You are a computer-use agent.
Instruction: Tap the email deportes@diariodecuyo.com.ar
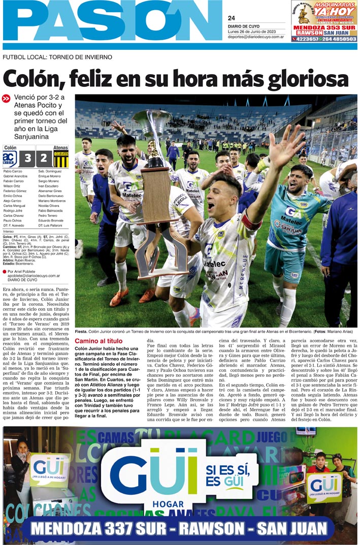point(255,37)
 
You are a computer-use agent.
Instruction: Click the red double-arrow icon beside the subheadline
point(6,99)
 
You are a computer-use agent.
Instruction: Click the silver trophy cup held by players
point(152,127)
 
